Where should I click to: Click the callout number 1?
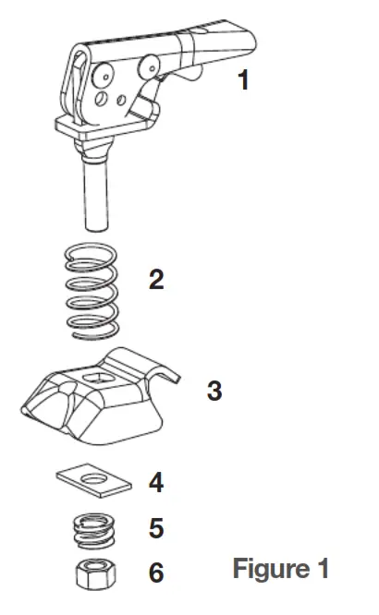pos(243,80)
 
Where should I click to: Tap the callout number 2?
pos(157,280)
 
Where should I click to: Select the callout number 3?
pos(214,391)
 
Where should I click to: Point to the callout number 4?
pos(156,482)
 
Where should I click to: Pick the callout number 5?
pos(156,528)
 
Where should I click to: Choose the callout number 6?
pos(156,573)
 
